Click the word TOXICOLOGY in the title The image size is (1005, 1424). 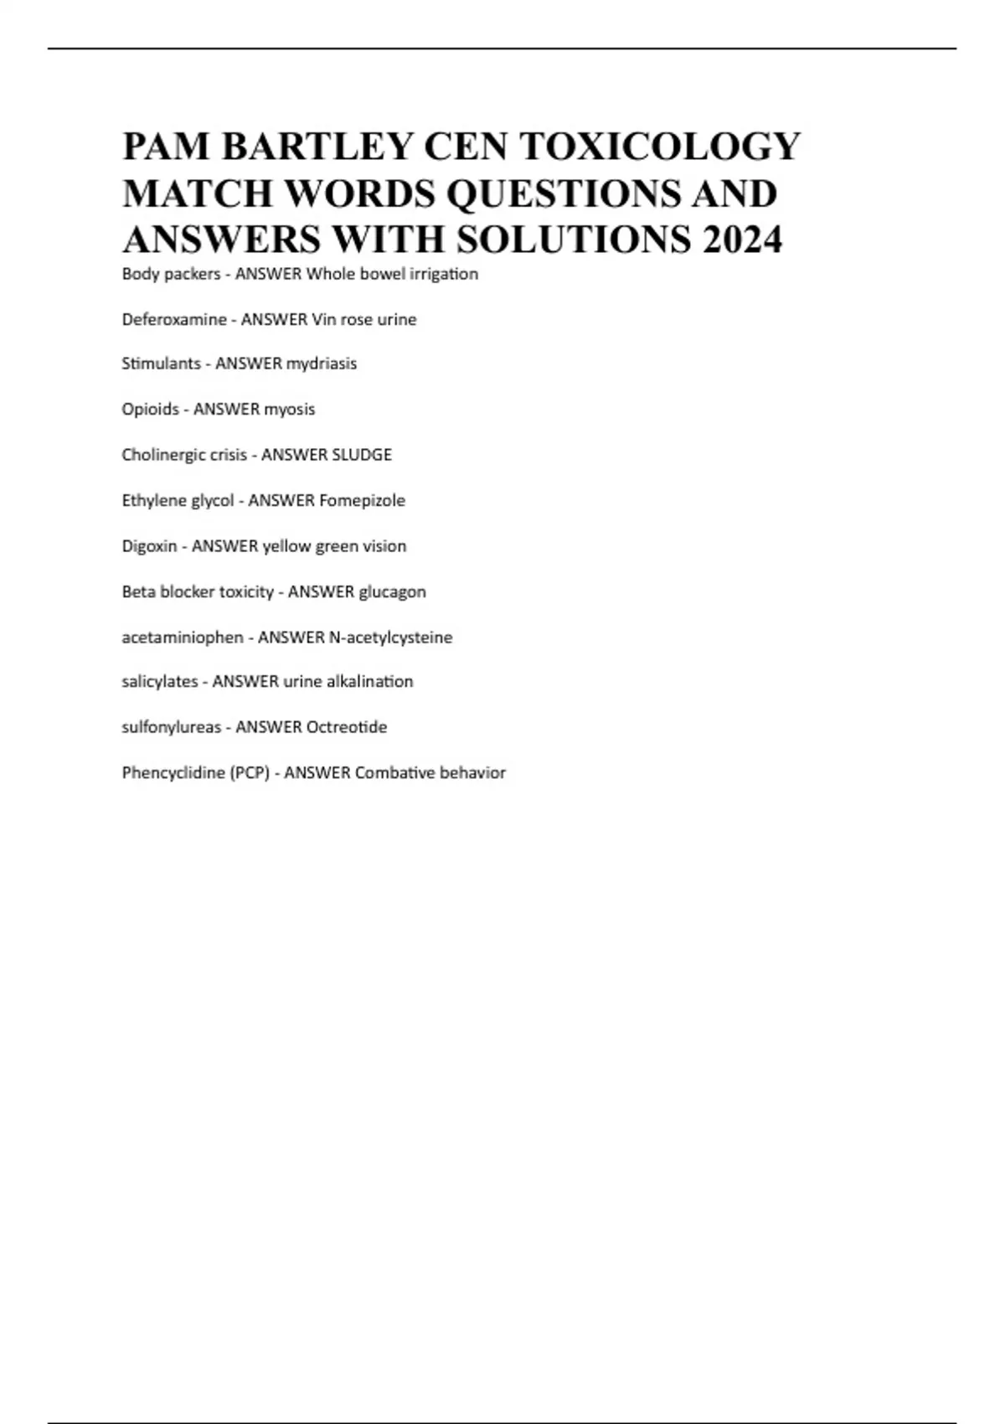point(660,147)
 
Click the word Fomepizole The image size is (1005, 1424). point(363,500)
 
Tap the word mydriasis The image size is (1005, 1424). point(322,364)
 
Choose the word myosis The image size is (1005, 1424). point(290,410)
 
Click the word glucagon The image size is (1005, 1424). point(392,591)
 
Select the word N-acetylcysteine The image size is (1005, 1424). point(391,637)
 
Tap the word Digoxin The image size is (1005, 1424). point(149,546)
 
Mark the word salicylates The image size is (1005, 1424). point(160,682)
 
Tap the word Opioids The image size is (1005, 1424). point(151,410)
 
